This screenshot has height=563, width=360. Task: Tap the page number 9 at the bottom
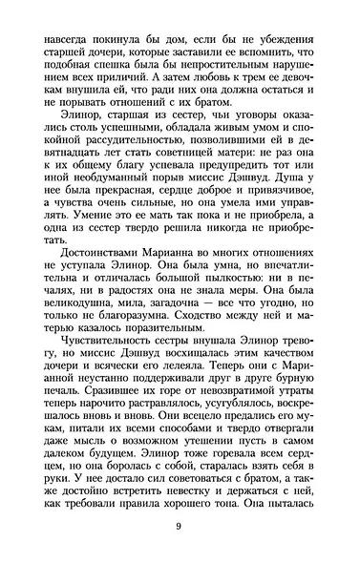pyautogui.click(x=180, y=530)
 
